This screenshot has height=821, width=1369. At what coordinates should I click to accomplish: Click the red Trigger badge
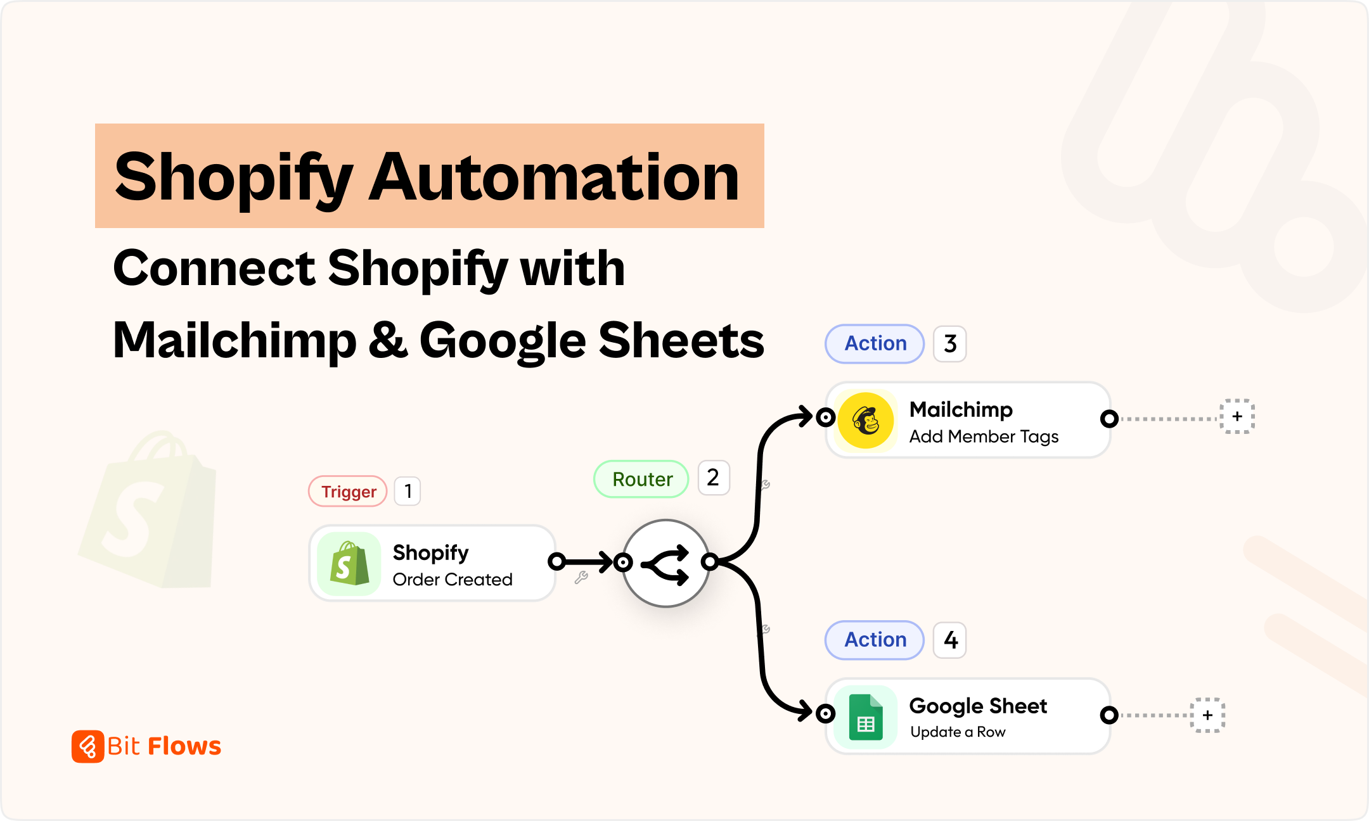348,492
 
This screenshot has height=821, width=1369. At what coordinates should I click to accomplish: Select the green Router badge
641,479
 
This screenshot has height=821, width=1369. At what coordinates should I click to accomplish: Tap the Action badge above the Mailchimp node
875,343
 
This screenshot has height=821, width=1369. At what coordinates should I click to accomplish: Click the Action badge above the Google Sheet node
875,640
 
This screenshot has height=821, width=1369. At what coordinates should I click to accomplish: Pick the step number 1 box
408,492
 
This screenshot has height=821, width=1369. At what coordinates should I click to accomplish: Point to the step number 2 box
713,478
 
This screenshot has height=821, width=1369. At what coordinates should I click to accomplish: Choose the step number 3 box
949,344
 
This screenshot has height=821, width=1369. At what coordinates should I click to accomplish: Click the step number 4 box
949,640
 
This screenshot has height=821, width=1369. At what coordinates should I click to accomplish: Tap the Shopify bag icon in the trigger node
349,564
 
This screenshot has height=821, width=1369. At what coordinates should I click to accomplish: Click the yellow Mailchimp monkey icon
866,420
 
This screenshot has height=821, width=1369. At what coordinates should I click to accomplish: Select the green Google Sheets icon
866,717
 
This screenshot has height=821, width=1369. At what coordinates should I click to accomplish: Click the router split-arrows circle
665,563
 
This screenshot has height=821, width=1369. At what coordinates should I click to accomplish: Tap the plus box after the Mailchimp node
1237,417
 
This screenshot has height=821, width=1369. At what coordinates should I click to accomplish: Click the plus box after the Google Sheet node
1207,715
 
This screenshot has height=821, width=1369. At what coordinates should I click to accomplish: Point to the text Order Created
453,580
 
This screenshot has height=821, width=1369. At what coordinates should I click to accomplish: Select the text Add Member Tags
984,436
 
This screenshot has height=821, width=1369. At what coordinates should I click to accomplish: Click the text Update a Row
958,732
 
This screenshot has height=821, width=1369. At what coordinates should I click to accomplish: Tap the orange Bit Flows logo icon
87,746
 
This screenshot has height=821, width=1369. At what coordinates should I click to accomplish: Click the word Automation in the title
554,177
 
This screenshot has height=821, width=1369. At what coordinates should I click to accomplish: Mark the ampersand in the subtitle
388,340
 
